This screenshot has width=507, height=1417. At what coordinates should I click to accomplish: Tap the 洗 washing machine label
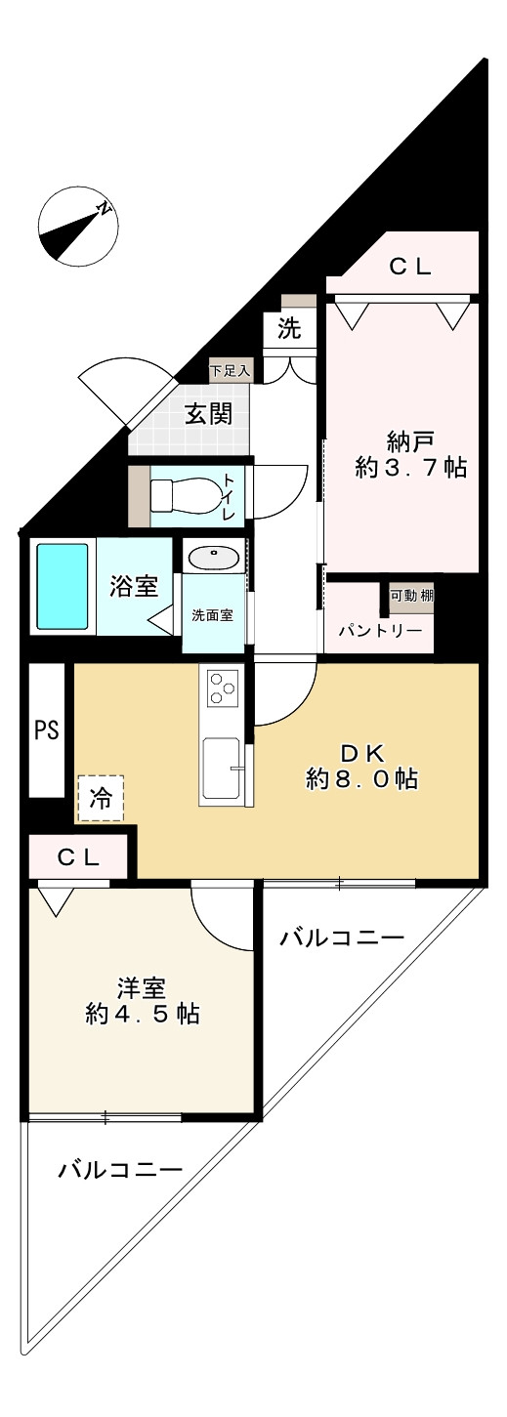(x=288, y=329)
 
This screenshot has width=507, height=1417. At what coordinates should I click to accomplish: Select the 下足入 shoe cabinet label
(x=231, y=370)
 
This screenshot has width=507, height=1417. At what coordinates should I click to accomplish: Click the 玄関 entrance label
(x=208, y=414)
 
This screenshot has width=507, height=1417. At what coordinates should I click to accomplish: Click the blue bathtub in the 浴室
(x=63, y=587)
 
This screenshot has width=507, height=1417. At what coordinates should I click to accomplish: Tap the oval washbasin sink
(x=212, y=558)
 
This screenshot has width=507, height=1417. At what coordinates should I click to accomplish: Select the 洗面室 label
(x=212, y=615)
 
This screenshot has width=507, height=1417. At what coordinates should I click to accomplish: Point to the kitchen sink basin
(x=224, y=770)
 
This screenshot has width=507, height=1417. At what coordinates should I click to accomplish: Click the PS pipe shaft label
(x=47, y=729)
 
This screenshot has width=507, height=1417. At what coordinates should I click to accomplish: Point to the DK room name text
(x=363, y=752)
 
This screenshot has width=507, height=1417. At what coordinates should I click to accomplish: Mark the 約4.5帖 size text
(x=143, y=1015)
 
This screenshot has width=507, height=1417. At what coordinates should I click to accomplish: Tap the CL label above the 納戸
(x=410, y=267)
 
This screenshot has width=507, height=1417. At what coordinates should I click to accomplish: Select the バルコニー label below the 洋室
(x=120, y=1170)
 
